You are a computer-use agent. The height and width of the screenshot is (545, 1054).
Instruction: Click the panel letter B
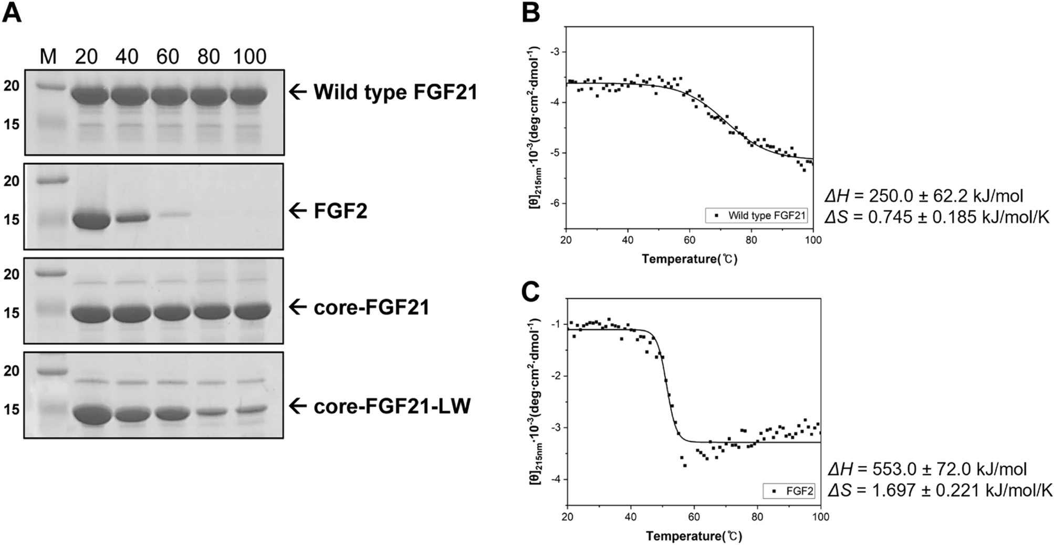point(531,13)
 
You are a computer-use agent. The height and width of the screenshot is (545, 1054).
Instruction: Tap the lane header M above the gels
point(48,57)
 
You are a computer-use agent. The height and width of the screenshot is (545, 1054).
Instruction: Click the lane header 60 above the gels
point(168,57)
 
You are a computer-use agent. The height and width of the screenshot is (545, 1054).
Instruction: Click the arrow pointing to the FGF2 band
point(298,211)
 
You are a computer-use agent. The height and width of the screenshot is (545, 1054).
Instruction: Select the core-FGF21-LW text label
point(392,406)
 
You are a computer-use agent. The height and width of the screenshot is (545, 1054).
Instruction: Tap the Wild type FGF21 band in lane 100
point(249,95)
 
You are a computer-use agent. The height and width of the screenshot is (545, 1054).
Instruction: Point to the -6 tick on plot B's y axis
point(557,204)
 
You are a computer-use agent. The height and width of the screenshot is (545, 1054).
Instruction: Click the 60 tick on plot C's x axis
point(694,517)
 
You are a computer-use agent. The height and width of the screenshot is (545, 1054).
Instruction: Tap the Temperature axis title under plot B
point(689,259)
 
